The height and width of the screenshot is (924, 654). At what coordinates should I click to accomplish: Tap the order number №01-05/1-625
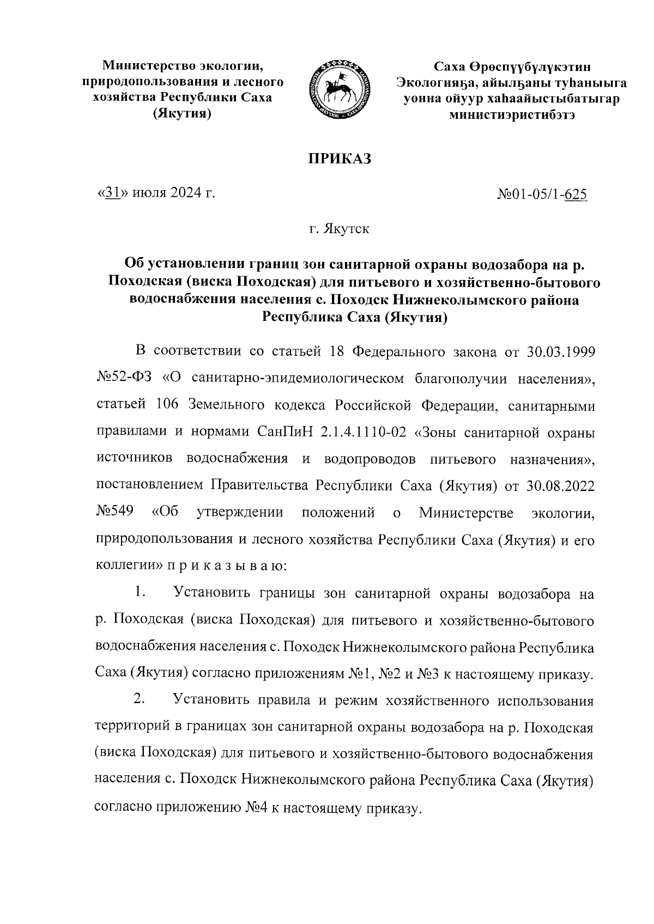[x=542, y=194]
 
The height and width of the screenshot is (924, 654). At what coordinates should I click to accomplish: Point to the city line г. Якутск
[x=340, y=229]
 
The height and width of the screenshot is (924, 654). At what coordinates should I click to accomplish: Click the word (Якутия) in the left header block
[x=182, y=114]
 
